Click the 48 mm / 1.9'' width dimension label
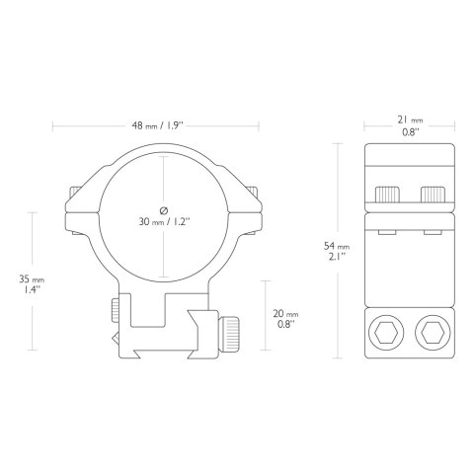[157, 125]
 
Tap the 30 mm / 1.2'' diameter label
[164, 222]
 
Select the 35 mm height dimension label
[32, 284]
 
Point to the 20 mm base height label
[285, 319]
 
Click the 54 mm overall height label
[337, 251]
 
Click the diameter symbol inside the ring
[164, 210]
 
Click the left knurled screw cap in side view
[387, 195]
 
